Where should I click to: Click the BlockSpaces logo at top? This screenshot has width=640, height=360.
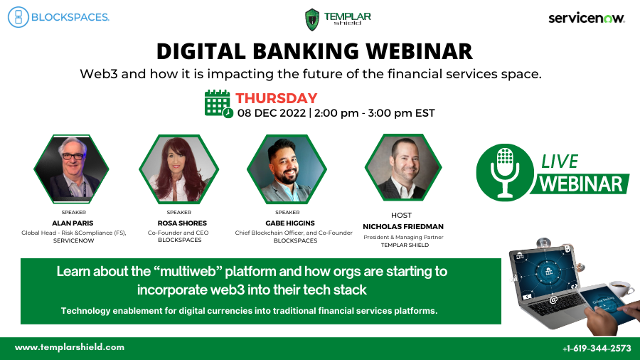[x=58, y=17]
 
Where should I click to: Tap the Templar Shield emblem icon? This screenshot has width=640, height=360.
[x=312, y=20]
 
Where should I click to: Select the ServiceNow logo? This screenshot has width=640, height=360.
[x=587, y=18]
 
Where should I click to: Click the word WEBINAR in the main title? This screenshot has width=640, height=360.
[x=419, y=51]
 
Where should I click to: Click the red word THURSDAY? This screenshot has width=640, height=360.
[x=277, y=98]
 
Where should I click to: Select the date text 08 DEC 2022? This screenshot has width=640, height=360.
[x=272, y=113]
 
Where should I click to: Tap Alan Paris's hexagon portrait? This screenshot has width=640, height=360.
[x=71, y=169]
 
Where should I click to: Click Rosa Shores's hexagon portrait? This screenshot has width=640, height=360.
[x=178, y=169]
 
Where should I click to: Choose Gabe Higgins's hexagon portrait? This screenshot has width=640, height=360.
[x=287, y=169]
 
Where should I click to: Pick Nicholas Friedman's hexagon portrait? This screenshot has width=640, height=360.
[x=403, y=167]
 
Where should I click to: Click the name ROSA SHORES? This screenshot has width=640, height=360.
[x=182, y=223]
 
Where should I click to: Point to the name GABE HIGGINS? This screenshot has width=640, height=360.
[x=290, y=223]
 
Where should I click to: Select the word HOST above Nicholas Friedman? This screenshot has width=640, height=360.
[x=402, y=215]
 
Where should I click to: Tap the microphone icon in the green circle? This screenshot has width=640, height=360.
[x=505, y=172]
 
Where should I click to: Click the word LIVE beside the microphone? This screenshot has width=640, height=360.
[x=560, y=162]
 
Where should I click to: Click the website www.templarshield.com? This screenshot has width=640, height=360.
[x=70, y=347]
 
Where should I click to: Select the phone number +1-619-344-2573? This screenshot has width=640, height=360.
[x=597, y=349]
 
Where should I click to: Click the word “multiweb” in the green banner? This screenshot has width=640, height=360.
[x=188, y=272]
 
